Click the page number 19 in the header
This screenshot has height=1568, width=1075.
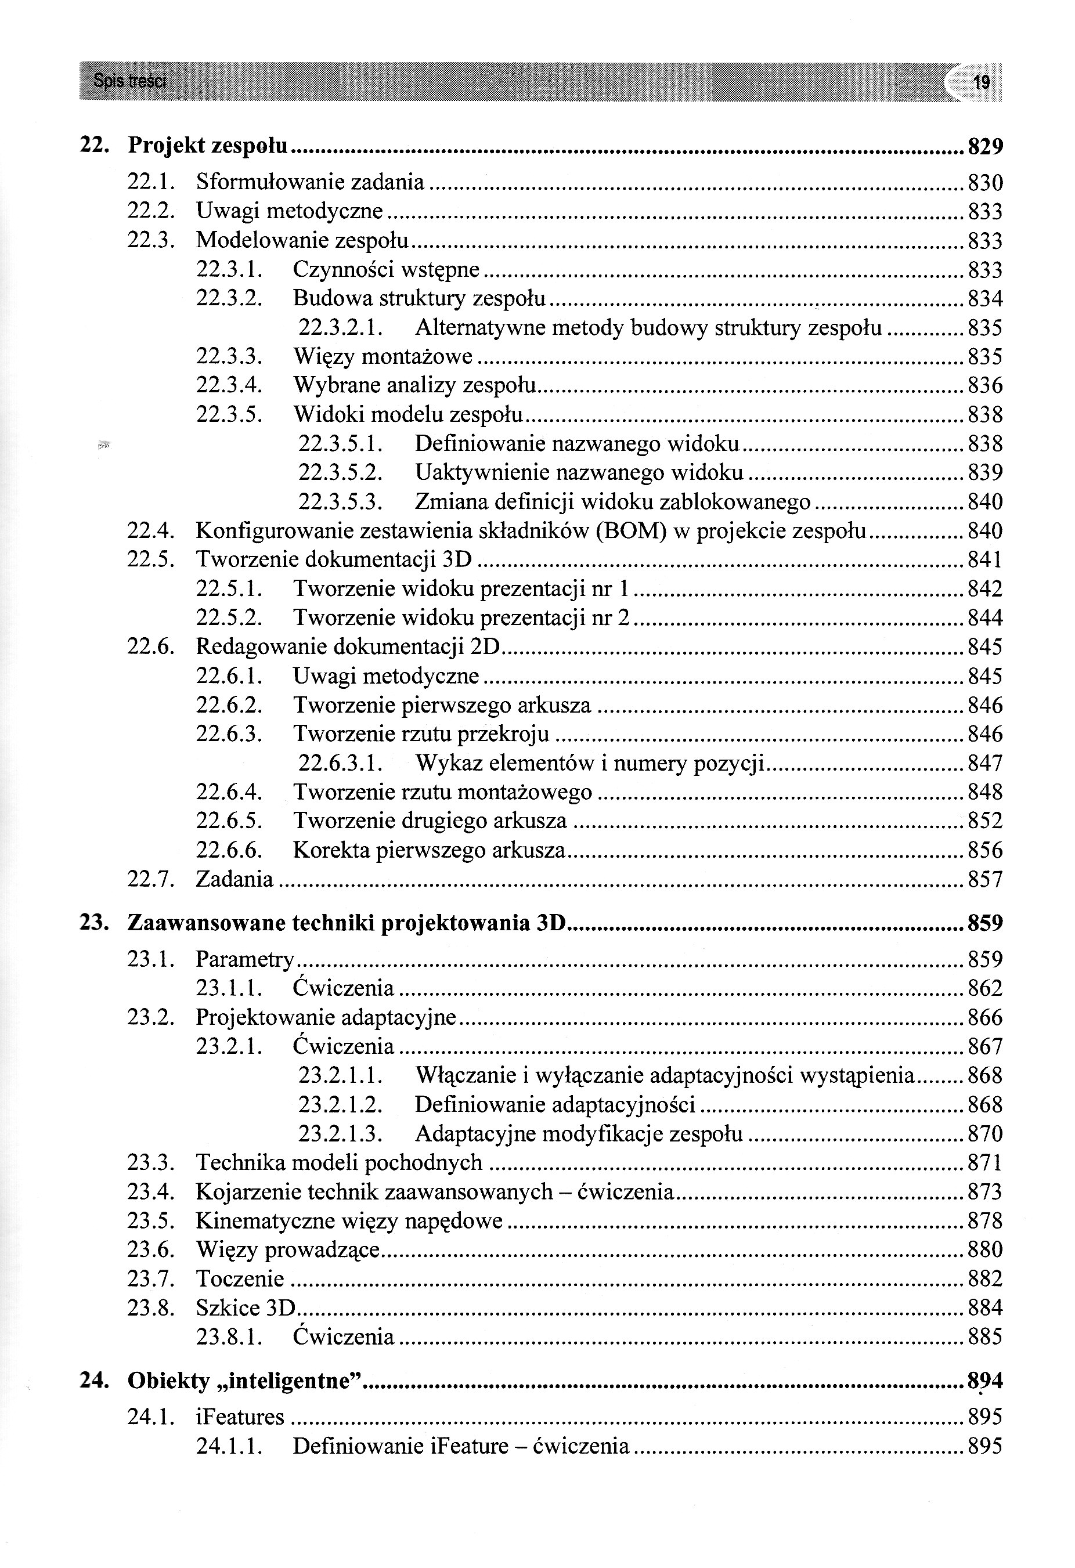pyautogui.click(x=981, y=82)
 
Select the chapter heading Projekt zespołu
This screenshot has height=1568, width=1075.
pyautogui.click(x=208, y=146)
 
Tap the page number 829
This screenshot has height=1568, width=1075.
pyautogui.click(x=984, y=146)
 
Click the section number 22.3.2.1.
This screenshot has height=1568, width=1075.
pyautogui.click(x=341, y=328)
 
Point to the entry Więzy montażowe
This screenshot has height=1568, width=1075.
pyautogui.click(x=383, y=356)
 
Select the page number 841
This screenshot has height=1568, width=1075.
pyautogui.click(x=984, y=560)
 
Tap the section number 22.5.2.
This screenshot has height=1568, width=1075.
pyautogui.click(x=229, y=618)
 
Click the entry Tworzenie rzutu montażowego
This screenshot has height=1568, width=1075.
pyautogui.click(x=442, y=792)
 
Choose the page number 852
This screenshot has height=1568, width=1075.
pyautogui.click(x=984, y=821)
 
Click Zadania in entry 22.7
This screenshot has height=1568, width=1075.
pyautogui.click(x=234, y=880)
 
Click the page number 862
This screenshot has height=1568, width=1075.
pyautogui.click(x=984, y=988)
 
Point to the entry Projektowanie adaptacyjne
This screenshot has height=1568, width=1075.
pyautogui.click(x=326, y=1017)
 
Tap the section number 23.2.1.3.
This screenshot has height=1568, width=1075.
pyautogui.click(x=341, y=1133)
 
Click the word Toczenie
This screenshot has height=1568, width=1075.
pyautogui.click(x=240, y=1279)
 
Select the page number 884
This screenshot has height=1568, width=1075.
pyautogui.click(x=984, y=1308)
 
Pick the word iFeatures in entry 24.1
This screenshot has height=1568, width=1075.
pyautogui.click(x=240, y=1417)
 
